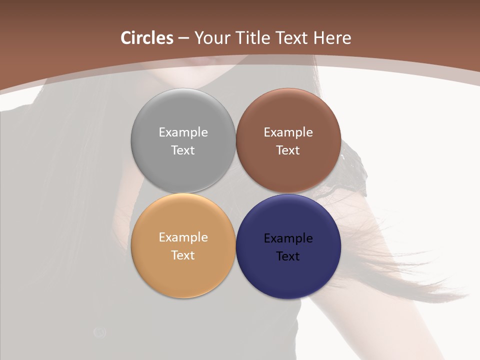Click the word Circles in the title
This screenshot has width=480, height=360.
coord(147,38)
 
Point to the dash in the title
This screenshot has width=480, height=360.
coord(183,38)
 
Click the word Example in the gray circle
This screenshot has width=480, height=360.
coord(183,132)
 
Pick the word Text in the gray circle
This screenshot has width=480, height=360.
coord(183,150)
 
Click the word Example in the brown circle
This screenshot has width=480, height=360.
coord(288,132)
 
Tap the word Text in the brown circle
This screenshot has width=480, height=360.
coord(288,150)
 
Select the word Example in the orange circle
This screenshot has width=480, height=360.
coord(183,237)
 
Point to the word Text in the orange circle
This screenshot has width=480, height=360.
coord(183,255)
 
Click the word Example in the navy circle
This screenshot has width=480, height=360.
coord(288,238)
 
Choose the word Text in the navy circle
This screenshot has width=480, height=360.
coord(288,256)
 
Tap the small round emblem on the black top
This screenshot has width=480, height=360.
coord(99,331)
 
